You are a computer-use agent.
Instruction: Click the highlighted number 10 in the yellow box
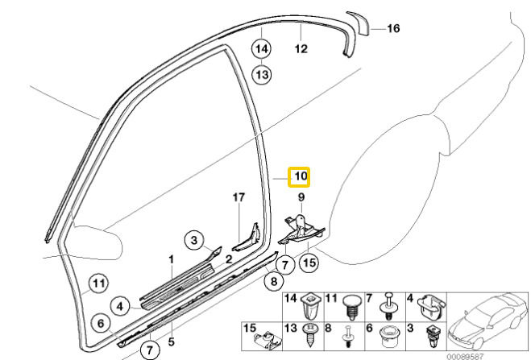point(300,176)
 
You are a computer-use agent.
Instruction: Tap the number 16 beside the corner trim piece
point(393,29)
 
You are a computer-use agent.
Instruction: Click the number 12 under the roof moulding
point(300,48)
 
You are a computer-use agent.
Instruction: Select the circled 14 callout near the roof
point(262,48)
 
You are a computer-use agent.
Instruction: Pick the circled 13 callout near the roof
point(262,74)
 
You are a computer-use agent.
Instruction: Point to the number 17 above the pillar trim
point(238,197)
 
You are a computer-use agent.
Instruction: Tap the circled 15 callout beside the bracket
point(309,263)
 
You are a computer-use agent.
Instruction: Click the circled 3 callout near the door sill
point(193,239)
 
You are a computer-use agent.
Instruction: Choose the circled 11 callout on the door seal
point(97,283)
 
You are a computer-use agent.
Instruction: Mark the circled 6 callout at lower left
point(102,323)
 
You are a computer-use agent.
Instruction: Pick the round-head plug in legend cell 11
point(349,307)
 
